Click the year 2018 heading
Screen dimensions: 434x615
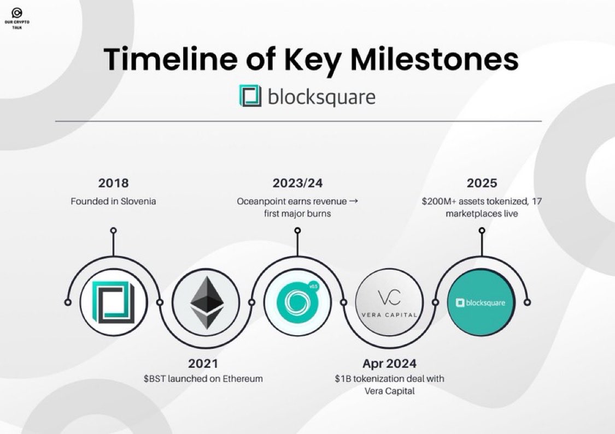pos(113,183)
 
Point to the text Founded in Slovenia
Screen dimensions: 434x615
pos(113,201)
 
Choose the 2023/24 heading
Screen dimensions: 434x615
pos(297,183)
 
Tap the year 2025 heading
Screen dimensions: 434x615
pos(482,183)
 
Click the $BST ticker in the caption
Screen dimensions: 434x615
pos(154,378)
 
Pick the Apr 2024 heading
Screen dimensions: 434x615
pos(389,363)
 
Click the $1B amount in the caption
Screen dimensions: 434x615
pos(343,378)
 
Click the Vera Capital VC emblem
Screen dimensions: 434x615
pos(389,299)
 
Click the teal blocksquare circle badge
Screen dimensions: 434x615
pos(481,302)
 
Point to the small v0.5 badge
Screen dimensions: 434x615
pos(314,286)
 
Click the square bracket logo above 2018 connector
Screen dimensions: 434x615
pos(113,302)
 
